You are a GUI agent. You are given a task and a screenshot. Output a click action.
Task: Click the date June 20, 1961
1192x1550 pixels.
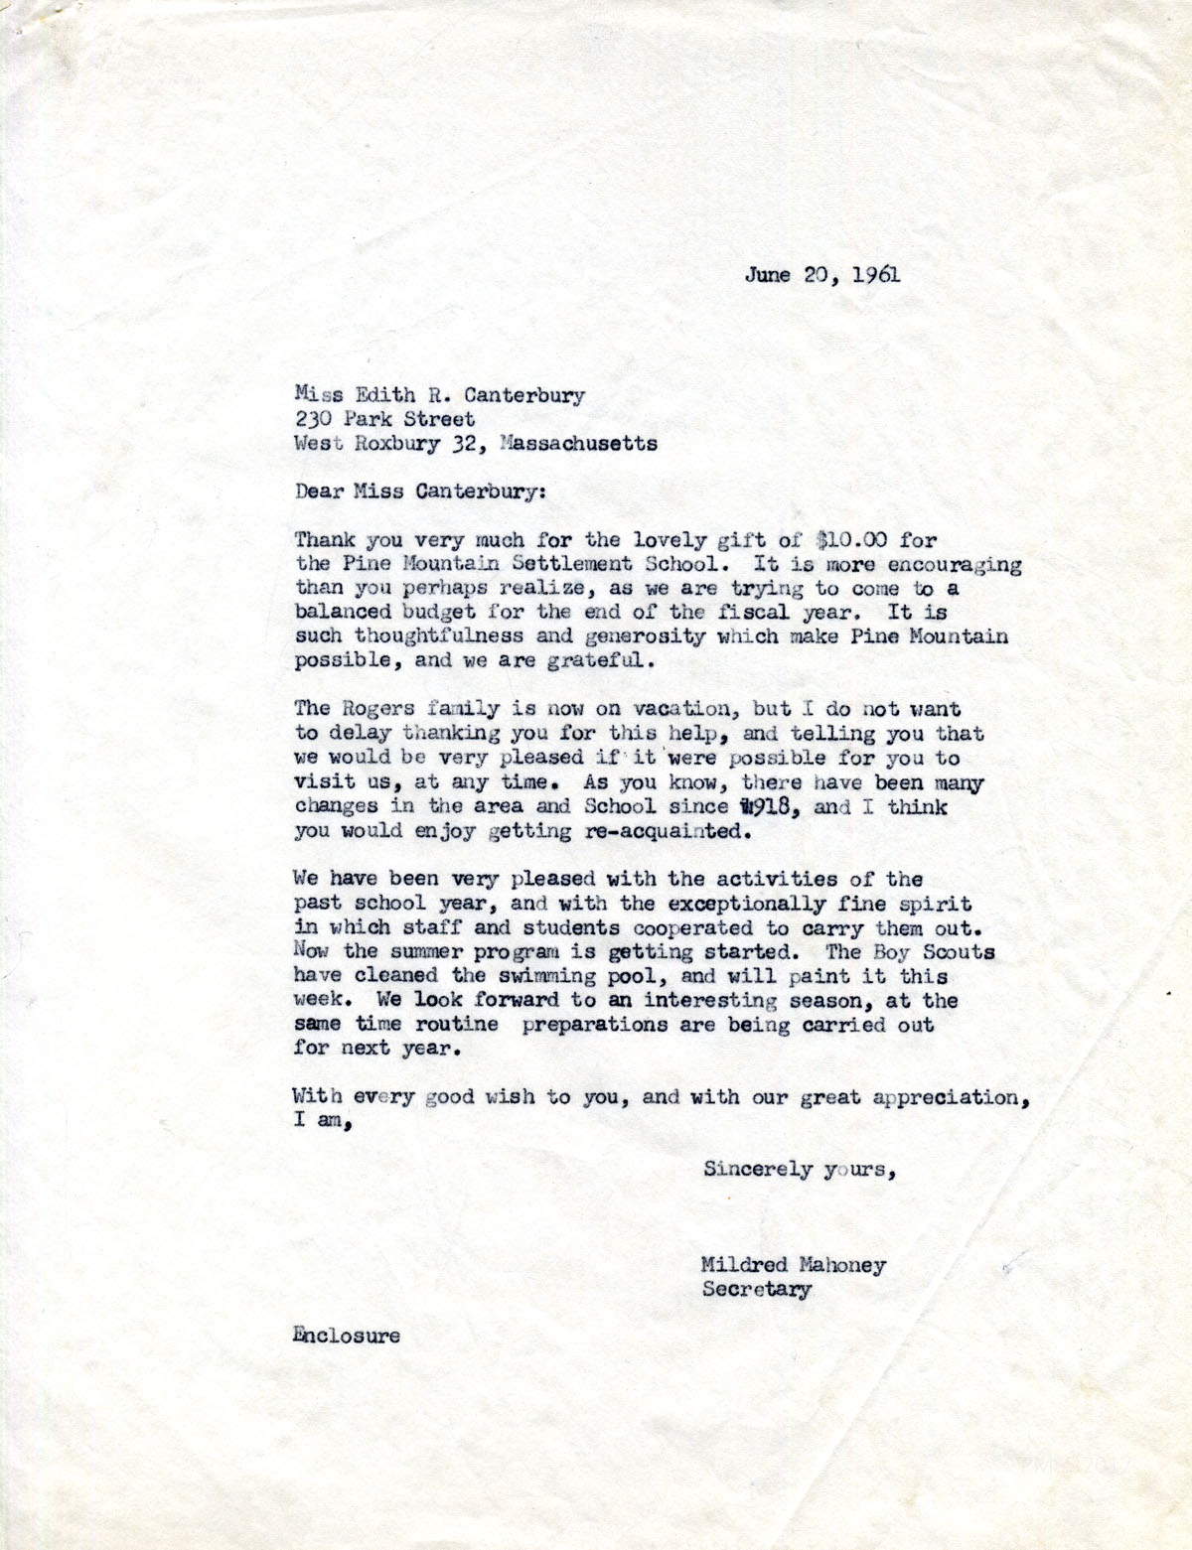(x=823, y=275)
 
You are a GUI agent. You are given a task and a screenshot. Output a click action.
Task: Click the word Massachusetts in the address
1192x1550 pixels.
(x=579, y=444)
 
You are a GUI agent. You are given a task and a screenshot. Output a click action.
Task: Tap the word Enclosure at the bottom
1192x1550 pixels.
(x=347, y=1336)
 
